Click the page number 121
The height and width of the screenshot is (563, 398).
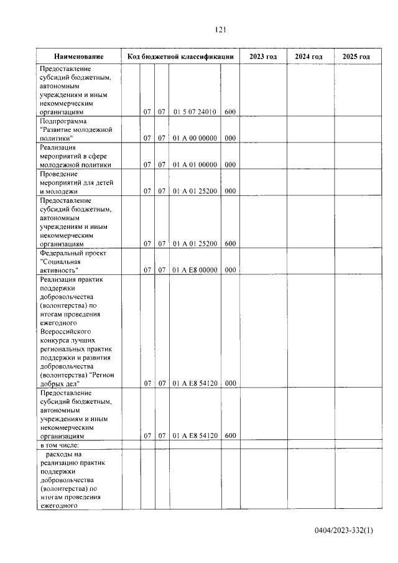point(220,30)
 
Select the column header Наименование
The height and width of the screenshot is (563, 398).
point(78,57)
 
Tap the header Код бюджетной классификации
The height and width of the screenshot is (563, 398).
point(180,57)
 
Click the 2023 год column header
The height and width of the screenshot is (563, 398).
point(263,57)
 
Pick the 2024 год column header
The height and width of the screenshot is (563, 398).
point(309,57)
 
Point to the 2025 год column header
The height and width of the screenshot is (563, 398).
point(356,57)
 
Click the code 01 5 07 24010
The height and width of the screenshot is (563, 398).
point(195,112)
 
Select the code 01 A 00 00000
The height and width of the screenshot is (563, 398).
point(195,138)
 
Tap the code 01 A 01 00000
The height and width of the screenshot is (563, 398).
point(195,165)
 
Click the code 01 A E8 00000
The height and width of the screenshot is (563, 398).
point(195,270)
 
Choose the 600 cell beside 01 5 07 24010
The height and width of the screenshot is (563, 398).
point(229,112)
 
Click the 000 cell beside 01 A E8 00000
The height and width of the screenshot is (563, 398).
point(229,270)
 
